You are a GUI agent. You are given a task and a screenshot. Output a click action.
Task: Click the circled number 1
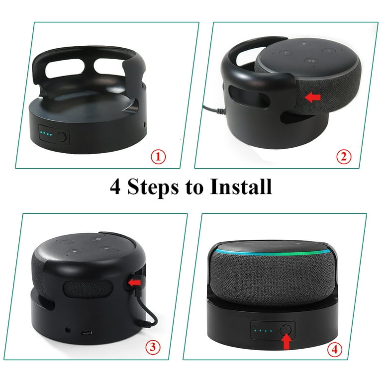(x=158, y=157)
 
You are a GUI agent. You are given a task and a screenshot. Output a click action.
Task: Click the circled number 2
(x=344, y=157)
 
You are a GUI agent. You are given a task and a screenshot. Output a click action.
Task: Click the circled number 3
(x=153, y=347)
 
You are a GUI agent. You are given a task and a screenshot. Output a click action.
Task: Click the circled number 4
(x=334, y=350)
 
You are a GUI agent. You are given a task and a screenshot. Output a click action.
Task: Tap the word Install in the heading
(x=241, y=187)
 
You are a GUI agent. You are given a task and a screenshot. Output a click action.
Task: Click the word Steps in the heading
(x=153, y=188)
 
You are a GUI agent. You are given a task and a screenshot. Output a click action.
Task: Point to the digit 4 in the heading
(x=115, y=187)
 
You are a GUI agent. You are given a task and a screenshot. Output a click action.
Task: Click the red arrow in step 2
(x=312, y=97)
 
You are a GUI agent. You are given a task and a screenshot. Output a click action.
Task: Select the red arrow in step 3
(x=134, y=283)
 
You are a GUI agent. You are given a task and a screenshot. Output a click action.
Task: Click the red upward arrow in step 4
(x=287, y=342)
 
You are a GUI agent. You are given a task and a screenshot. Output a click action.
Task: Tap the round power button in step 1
(x=62, y=137)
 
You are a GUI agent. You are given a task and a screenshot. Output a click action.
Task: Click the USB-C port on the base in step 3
(x=87, y=333)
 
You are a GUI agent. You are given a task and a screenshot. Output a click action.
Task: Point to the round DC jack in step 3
(x=68, y=330)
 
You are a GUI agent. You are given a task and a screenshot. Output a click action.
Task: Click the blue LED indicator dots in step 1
(x=46, y=134)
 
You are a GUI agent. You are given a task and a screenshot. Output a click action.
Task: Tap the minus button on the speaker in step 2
(x=329, y=50)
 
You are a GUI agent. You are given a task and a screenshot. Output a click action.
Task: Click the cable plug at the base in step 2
(x=221, y=111)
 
